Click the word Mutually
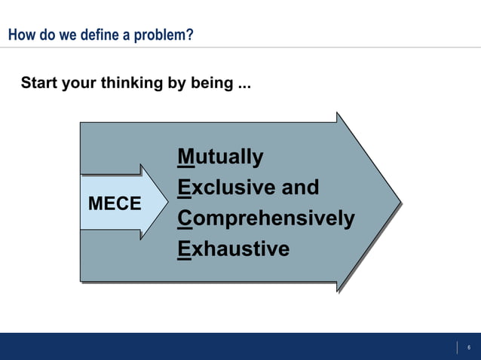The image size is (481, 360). (221, 157)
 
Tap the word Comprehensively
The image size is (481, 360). (266, 218)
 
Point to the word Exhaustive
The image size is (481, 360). (234, 249)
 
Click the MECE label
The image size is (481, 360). (115, 203)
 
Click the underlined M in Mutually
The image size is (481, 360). (185, 157)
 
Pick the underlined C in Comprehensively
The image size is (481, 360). (185, 218)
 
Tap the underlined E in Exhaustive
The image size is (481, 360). (184, 249)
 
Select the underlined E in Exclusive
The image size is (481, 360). (184, 188)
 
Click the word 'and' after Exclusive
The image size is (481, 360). (300, 188)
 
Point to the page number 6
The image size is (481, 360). (468, 347)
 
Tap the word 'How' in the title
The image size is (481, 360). (20, 35)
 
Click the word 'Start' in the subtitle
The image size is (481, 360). (38, 83)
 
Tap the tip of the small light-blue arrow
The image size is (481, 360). (168, 203)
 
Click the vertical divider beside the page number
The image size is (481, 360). (457, 347)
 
